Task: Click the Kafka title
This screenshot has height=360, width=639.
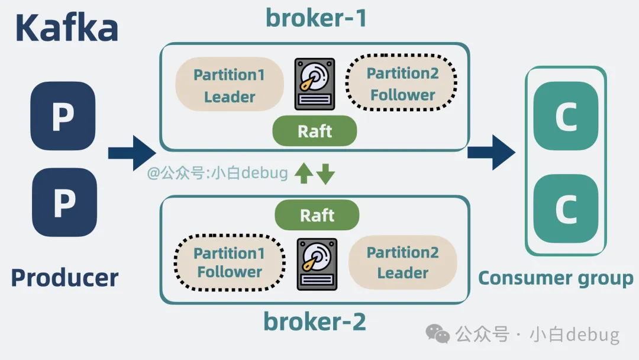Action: (x=66, y=27)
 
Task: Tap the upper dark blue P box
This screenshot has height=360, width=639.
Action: (x=63, y=115)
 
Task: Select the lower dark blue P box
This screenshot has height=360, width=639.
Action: (x=63, y=202)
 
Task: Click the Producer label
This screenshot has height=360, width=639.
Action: (x=64, y=278)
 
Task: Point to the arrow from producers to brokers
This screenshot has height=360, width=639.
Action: (x=131, y=153)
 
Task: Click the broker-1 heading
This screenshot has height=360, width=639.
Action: (x=316, y=18)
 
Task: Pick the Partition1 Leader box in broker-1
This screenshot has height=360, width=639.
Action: (x=230, y=85)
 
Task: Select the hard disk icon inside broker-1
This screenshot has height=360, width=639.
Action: (x=315, y=84)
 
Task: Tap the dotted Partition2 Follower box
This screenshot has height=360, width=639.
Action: (x=402, y=84)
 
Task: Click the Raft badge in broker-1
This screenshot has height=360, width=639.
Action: (x=315, y=131)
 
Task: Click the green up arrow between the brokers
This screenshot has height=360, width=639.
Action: (x=304, y=173)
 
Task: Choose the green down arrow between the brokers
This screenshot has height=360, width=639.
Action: (x=325, y=173)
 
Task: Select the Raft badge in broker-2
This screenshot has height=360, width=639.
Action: (x=317, y=215)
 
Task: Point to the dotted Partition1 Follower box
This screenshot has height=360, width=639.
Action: (x=230, y=262)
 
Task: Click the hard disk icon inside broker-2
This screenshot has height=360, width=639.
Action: (x=317, y=264)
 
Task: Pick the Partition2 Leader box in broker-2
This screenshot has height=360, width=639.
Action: (x=402, y=262)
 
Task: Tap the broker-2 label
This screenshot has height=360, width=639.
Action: (x=315, y=322)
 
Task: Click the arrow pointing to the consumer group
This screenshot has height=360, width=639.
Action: (x=491, y=152)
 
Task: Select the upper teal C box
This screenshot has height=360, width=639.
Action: (x=566, y=115)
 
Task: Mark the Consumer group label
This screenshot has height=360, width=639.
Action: (x=556, y=278)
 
